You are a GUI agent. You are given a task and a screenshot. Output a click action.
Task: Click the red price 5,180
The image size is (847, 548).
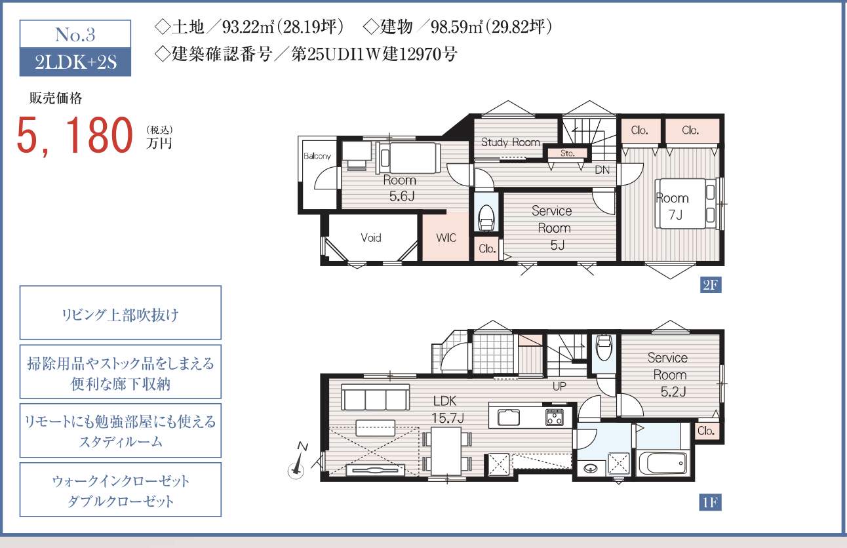[75, 134]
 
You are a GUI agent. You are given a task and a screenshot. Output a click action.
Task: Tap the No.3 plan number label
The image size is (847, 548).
[75, 35]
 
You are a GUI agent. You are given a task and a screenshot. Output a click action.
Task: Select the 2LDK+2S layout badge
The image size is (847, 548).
[75, 62]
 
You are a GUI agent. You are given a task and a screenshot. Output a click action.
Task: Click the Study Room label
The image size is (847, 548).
[510, 142]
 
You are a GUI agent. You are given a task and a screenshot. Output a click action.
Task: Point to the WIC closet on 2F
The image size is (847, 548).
[446, 237]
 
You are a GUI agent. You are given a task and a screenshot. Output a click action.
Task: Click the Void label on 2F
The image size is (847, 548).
[370, 237]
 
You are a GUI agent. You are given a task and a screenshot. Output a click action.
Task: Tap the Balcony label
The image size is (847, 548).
[317, 156]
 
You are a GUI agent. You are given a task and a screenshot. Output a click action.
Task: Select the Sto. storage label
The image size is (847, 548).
[567, 153]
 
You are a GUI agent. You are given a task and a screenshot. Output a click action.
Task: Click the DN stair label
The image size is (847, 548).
[602, 170]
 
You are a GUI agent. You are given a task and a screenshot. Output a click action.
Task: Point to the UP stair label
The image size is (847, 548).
[559, 386]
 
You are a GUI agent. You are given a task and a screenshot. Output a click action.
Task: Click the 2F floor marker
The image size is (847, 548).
[711, 284]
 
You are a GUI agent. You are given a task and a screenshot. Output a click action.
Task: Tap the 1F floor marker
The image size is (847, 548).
[711, 503]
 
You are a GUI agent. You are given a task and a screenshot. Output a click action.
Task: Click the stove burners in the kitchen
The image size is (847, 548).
[555, 418]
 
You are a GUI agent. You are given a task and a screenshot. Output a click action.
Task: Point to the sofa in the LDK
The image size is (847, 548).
[376, 397]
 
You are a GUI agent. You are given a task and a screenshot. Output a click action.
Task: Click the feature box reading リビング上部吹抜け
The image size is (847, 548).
[120, 313]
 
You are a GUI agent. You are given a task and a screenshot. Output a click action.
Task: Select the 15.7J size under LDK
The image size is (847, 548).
[448, 418]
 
